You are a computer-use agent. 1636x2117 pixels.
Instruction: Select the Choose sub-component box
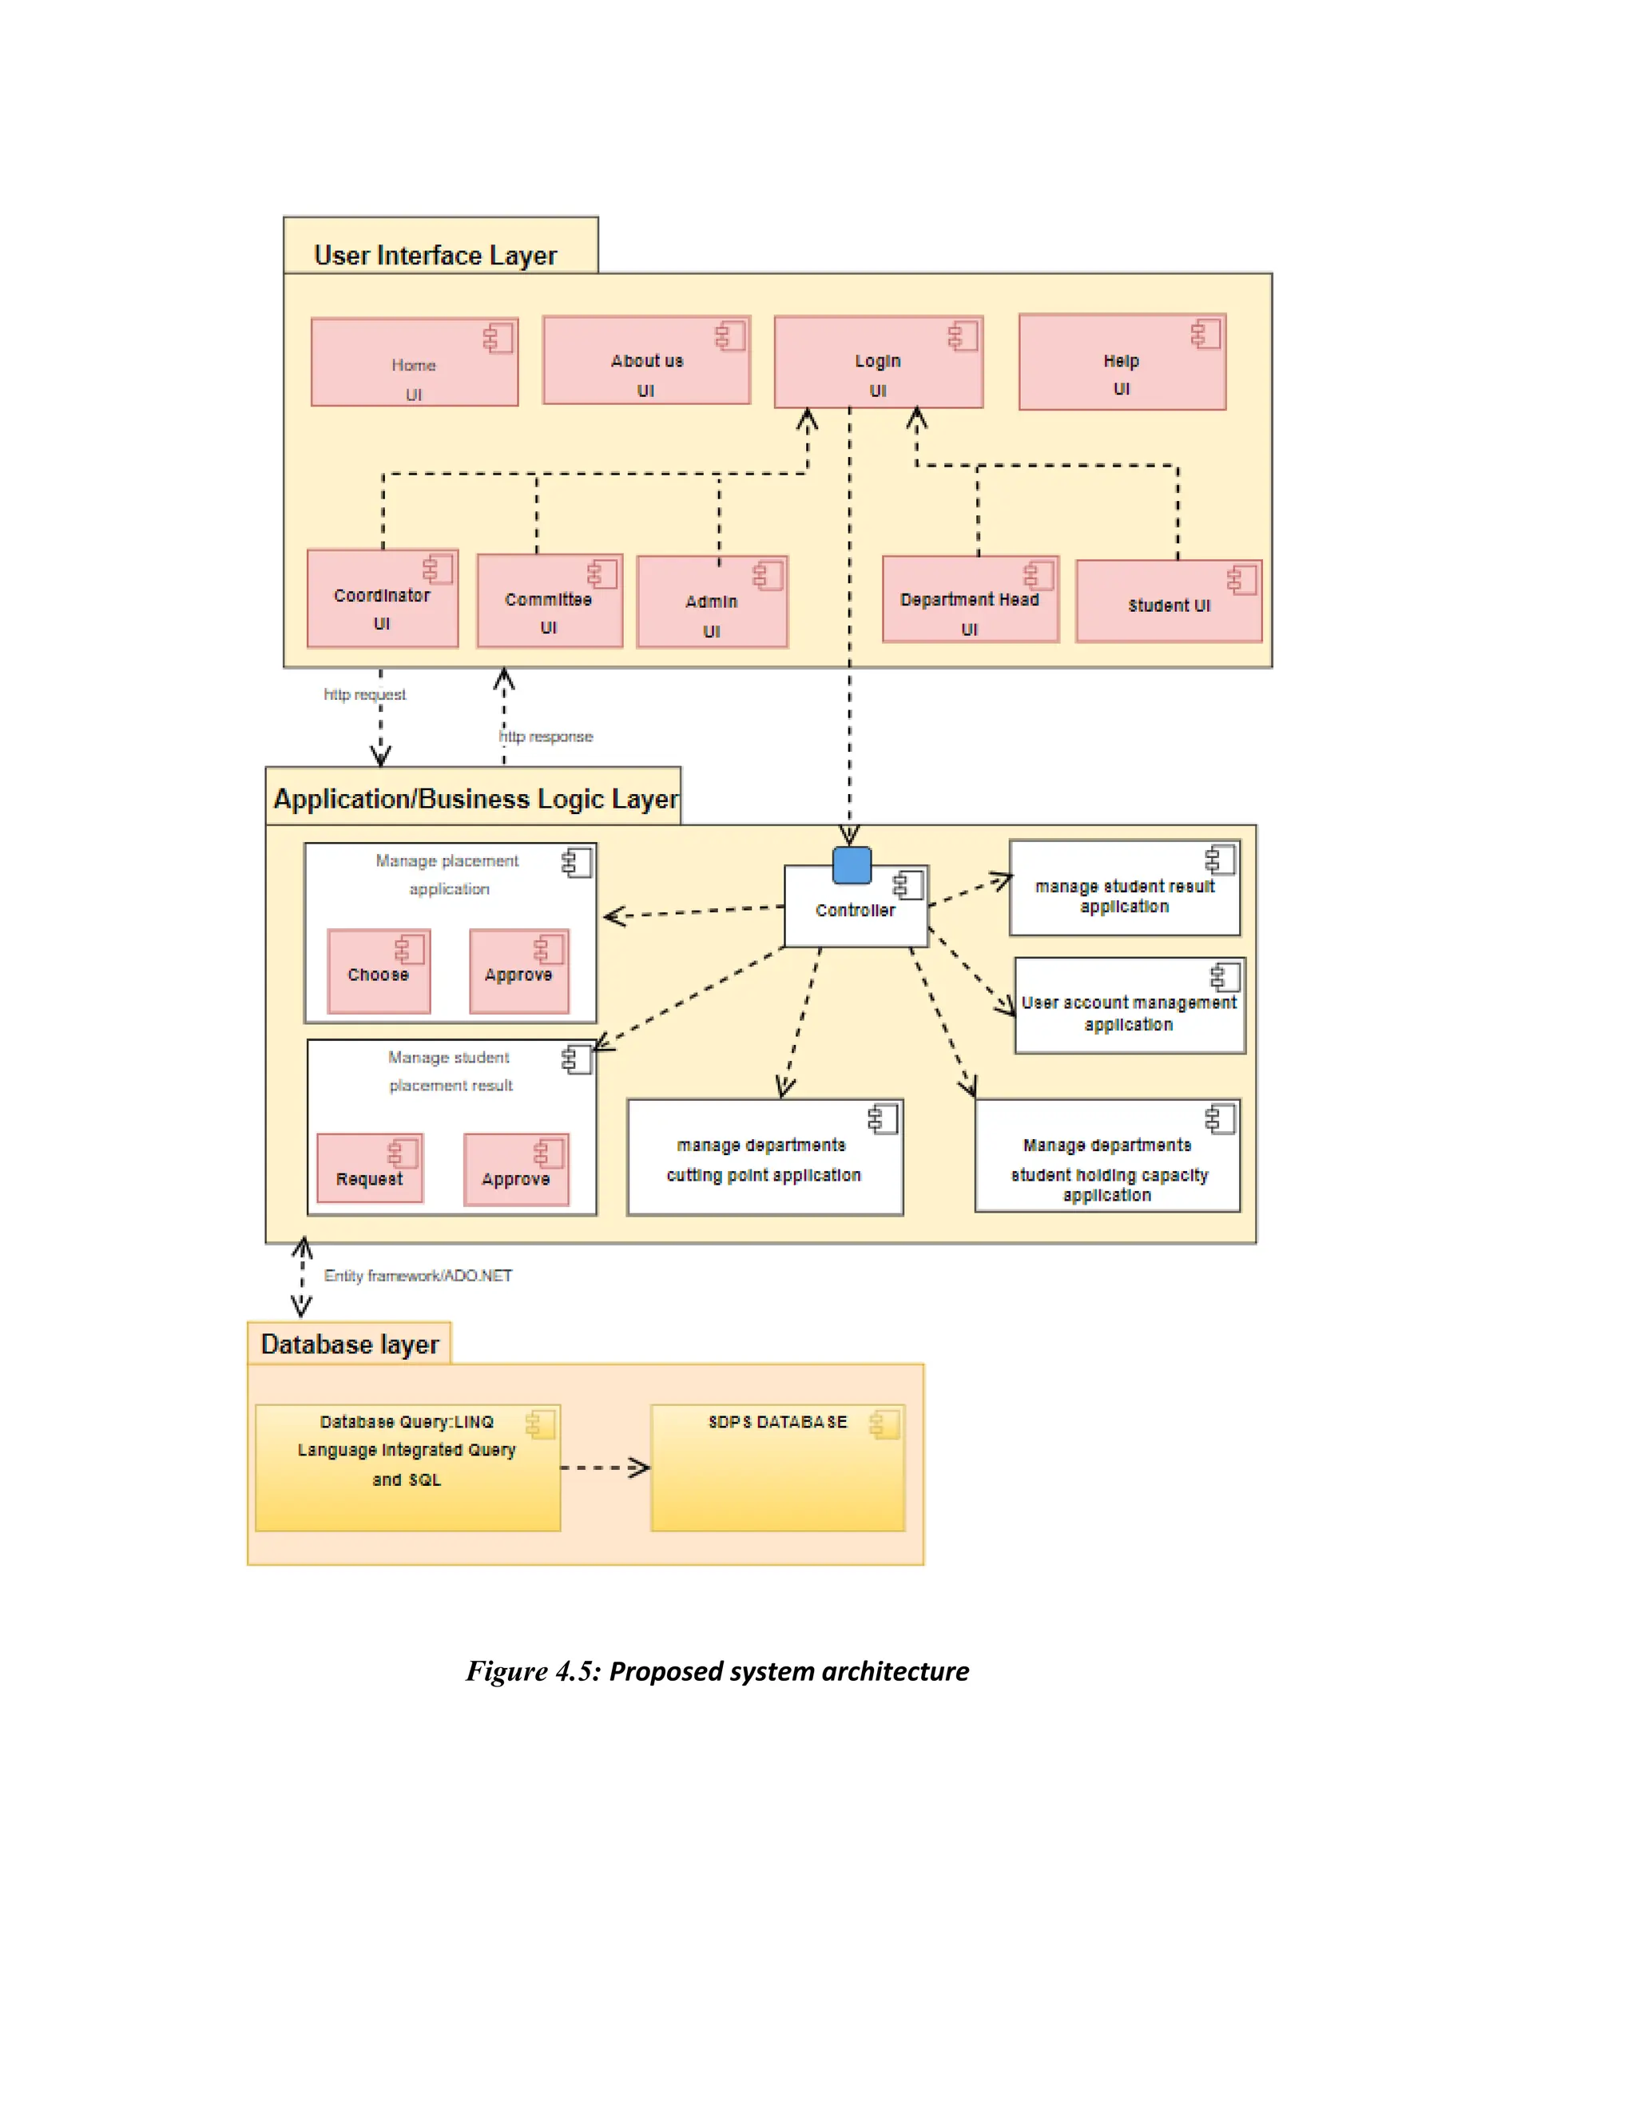pos(378,972)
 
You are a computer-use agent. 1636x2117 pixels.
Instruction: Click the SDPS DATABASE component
pos(777,1468)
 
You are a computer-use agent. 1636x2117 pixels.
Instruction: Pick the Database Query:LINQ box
pos(407,1468)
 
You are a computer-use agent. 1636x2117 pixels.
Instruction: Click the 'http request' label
pos(364,694)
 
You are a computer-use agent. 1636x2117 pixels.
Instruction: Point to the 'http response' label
pos(546,737)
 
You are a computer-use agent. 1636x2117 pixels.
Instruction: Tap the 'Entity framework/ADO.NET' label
pos(418,1276)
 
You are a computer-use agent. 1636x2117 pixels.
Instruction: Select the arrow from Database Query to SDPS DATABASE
pos(605,1468)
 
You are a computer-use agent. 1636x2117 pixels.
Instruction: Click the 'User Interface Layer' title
pos(435,255)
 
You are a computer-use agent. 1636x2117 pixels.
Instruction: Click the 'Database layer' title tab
pos(350,1344)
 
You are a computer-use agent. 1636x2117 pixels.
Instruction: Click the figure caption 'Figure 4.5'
pos(717,1671)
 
